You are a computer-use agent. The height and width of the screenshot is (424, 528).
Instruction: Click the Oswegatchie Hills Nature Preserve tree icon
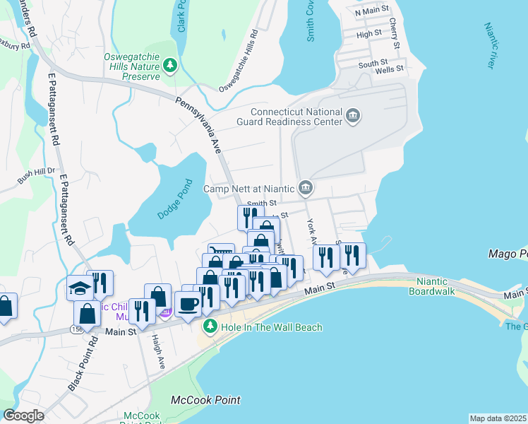click(170, 66)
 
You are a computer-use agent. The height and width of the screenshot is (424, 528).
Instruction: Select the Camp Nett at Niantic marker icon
click(305, 188)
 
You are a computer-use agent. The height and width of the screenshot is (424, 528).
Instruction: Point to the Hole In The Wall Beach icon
click(210, 326)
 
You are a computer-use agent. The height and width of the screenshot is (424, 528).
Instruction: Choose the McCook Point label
click(205, 400)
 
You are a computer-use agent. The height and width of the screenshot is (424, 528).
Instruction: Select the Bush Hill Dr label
click(36, 176)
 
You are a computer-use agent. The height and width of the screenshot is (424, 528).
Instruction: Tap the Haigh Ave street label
click(157, 353)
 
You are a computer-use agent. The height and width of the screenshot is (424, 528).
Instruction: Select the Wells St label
click(389, 69)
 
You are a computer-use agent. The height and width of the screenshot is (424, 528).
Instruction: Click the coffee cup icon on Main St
click(188, 304)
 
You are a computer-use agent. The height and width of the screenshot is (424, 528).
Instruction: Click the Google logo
click(23, 416)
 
